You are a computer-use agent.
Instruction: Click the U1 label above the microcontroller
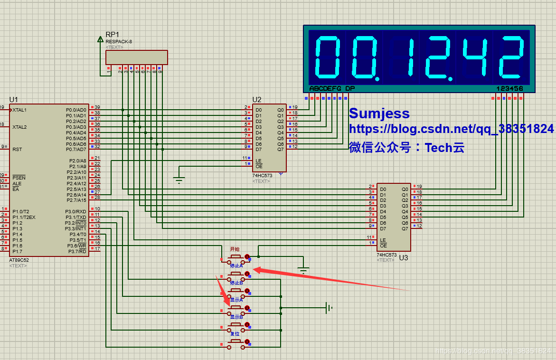(x=13, y=99)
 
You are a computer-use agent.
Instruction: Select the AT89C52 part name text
(x=19, y=260)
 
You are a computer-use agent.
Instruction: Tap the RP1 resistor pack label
(x=113, y=35)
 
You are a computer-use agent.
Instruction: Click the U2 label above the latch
(x=256, y=99)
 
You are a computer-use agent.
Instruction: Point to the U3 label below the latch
(x=404, y=258)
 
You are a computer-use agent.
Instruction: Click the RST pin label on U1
(x=17, y=149)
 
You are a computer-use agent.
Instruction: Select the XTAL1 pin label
(x=19, y=110)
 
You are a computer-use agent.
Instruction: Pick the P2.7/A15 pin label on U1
(x=76, y=200)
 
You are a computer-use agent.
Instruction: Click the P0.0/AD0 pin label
(x=76, y=110)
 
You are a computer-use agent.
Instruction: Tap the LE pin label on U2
(x=258, y=161)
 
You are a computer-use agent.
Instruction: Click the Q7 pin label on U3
(x=405, y=228)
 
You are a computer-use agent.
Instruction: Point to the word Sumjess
(x=379, y=114)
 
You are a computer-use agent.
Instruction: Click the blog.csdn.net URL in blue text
(x=451, y=129)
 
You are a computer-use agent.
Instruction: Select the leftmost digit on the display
(x=327, y=57)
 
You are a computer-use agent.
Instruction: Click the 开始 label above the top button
(x=235, y=249)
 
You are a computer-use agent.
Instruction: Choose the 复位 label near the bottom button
(x=235, y=334)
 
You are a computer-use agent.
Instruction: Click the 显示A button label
(x=236, y=300)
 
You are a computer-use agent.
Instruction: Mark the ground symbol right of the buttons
(x=328, y=308)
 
